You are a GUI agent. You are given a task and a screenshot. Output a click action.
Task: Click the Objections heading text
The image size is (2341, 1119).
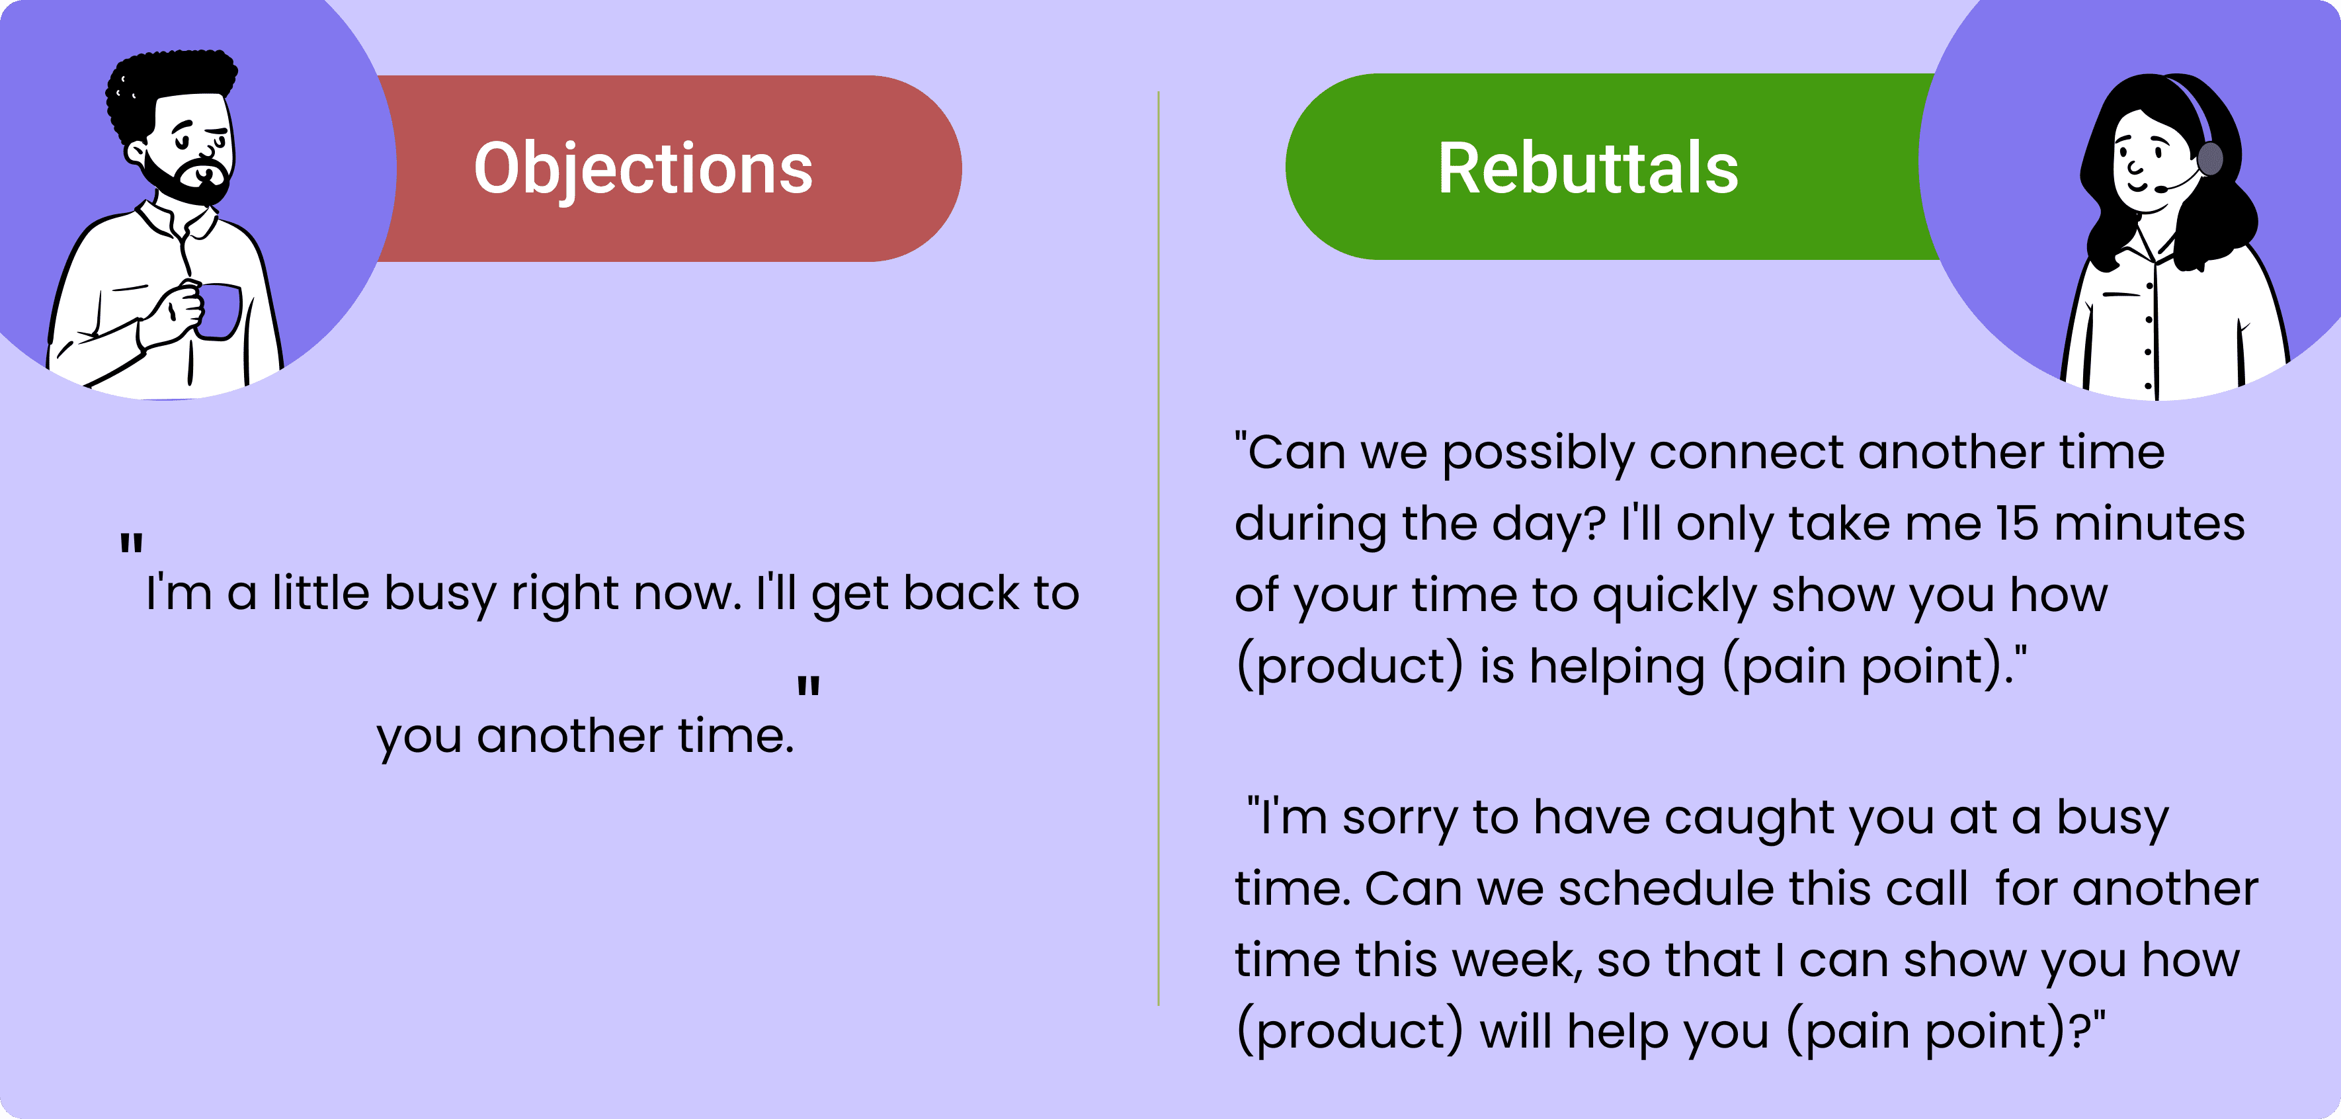(x=643, y=169)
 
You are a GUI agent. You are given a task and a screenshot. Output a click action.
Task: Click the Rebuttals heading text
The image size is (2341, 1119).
(x=1588, y=169)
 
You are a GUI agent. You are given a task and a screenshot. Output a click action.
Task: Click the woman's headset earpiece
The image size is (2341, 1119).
(x=2210, y=159)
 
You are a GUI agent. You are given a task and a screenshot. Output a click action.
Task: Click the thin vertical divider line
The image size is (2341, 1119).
(x=1159, y=546)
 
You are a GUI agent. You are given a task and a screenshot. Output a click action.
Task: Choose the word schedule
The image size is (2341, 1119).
(x=1668, y=888)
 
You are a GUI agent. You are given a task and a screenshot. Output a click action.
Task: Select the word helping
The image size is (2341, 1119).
(x=1617, y=667)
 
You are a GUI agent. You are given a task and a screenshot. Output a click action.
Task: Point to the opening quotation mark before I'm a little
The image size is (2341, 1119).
(x=132, y=546)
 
